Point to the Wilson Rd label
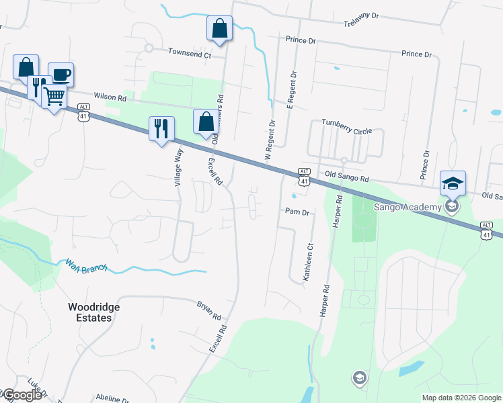[x=110, y=97]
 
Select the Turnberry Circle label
[x=346, y=122]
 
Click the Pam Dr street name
[x=297, y=212]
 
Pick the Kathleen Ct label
[x=310, y=265]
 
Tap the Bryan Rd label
[x=209, y=310]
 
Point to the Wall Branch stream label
[x=86, y=267]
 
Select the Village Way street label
[x=179, y=166]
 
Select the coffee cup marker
[x=61, y=75]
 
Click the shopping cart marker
[x=54, y=96]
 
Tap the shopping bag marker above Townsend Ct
[x=219, y=29]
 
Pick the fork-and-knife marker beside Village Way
[x=161, y=128]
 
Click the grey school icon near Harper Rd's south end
[x=360, y=378]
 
